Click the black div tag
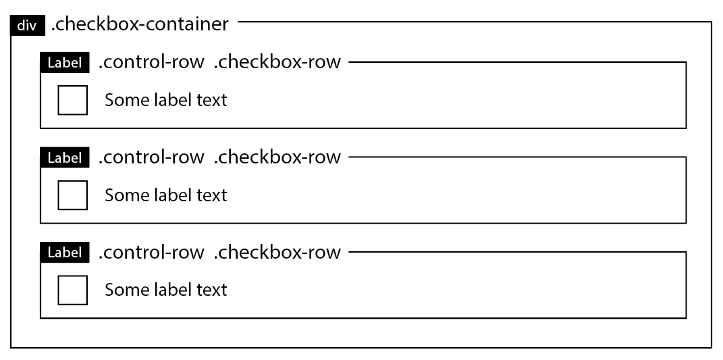(x=26, y=26)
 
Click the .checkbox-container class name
(x=140, y=25)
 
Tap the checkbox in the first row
(x=72, y=100)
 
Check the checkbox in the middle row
(x=72, y=195)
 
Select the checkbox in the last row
(x=72, y=290)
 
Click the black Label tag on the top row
(x=65, y=63)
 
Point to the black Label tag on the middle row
(x=65, y=158)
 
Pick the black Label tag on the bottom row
(x=65, y=253)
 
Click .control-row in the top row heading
(x=151, y=62)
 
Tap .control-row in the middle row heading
(x=151, y=157)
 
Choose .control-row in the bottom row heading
(x=151, y=252)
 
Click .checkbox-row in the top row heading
(x=277, y=62)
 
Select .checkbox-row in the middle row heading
(x=277, y=157)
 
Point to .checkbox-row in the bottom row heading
(x=277, y=252)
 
